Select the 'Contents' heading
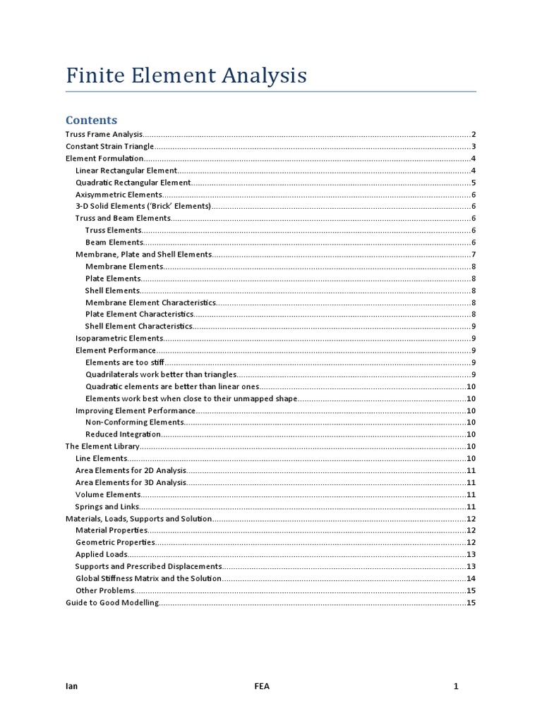pos(91,120)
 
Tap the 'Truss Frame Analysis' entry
pos(104,134)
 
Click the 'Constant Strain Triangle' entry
pos(109,146)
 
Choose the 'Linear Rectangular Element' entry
pos(126,171)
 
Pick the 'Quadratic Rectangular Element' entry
pos(133,183)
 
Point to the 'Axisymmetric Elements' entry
pos(119,195)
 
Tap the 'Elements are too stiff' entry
pos(124,362)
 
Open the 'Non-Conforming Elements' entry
pos(134,422)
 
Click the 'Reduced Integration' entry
pos(123,434)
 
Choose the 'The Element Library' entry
pos(102,446)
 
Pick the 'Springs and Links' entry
pos(107,506)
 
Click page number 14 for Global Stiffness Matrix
pos(471,578)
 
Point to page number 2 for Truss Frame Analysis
pos(474,134)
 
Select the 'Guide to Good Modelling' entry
pos(112,603)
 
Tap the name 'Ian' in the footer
pos(71,686)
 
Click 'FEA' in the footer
pos(262,686)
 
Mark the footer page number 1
pos(457,686)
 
